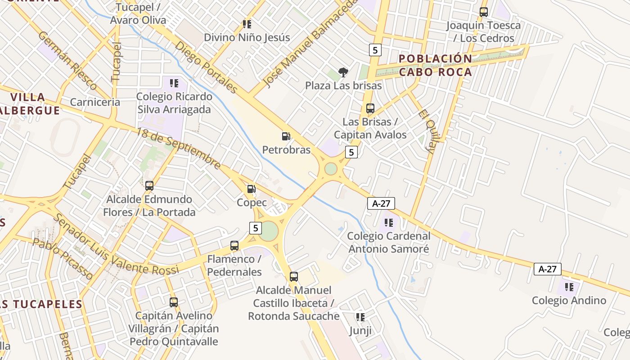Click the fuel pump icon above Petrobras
286,136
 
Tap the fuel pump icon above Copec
252,189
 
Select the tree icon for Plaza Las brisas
343,72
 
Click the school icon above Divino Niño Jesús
247,24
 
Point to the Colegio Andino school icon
569,287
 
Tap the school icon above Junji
360,317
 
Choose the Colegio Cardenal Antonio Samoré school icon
389,222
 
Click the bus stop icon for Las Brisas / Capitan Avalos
370,108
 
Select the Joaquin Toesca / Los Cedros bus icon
484,12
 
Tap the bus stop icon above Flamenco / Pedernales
234,245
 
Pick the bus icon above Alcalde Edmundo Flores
149,185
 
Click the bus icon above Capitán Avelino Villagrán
174,302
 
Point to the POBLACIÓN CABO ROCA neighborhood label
436,65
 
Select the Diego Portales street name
206,67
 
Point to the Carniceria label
95,102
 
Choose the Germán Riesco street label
67,60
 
